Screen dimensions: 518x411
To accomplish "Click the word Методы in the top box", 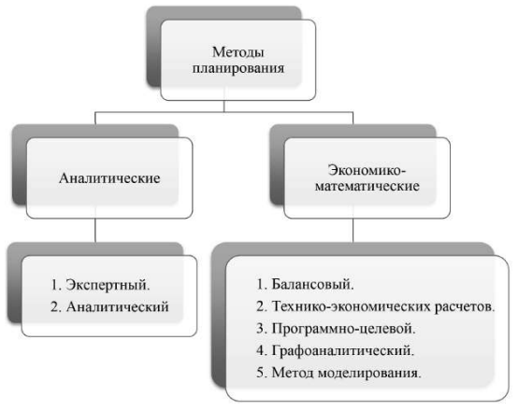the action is tap(237, 52).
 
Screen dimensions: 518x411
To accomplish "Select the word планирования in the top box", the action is tap(238, 69).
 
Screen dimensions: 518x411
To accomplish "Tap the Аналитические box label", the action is tap(109, 178).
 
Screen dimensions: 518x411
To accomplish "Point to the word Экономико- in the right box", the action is tap(367, 170).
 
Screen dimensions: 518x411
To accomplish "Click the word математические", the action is tap(367, 186).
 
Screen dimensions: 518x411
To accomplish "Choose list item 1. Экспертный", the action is tap(100, 285).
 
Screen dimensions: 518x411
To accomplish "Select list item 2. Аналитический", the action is tap(109, 306).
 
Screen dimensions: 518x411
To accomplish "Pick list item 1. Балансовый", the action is tap(305, 284).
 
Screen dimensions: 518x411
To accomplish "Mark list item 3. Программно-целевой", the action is tap(336, 329).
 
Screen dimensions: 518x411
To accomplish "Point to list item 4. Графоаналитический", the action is tap(336, 350).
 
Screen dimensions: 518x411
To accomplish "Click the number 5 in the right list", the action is tap(260, 373).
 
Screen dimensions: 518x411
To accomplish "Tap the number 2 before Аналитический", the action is tap(54, 306).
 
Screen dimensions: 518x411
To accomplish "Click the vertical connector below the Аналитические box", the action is tap(95, 231).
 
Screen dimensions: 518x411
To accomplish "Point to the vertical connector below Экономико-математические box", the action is tap(353, 231).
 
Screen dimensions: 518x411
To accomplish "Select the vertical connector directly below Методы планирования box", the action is tap(224, 106).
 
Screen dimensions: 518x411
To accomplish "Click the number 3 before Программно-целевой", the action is tap(260, 329).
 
